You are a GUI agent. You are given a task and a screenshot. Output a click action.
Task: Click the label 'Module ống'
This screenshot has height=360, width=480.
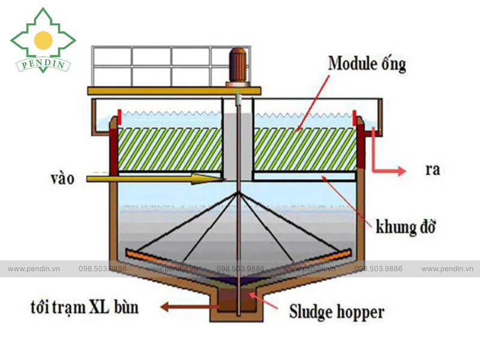click(x=367, y=64)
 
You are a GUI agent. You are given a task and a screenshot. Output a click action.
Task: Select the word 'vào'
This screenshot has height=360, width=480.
click(x=64, y=178)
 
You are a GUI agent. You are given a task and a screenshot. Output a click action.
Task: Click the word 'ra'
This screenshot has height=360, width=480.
click(x=432, y=170)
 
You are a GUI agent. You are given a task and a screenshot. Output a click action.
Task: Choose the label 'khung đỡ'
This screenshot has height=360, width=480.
click(x=405, y=227)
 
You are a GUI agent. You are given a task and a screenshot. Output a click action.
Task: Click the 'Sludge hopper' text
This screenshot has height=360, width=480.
click(x=337, y=311)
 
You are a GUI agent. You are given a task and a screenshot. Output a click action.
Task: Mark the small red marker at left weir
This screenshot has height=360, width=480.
click(x=119, y=116)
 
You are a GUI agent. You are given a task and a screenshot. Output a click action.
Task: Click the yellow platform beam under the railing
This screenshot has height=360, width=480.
click(x=174, y=91)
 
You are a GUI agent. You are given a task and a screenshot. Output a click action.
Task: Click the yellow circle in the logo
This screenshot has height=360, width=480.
click(x=43, y=40)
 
